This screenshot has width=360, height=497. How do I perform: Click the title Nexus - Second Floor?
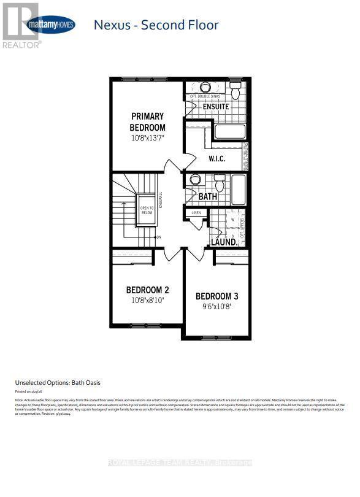tap(155, 25)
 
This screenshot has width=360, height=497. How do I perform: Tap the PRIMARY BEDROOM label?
tap(147, 121)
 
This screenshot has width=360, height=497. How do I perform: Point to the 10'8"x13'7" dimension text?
tap(147, 138)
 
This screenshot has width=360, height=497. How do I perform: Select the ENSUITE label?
tap(216, 107)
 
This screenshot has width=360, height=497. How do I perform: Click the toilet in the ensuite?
tap(235, 91)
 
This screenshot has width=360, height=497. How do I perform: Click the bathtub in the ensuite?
tap(229, 132)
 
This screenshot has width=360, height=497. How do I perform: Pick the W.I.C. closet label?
tap(217, 159)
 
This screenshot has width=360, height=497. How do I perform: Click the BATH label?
tap(208, 197)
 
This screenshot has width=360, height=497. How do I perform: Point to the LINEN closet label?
tap(196, 213)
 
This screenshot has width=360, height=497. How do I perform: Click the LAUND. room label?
tap(224, 242)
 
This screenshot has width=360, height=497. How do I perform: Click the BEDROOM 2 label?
tap(147, 290)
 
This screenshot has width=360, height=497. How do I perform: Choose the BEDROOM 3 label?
tap(217, 296)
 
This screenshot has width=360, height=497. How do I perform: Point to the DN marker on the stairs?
tap(158, 237)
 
